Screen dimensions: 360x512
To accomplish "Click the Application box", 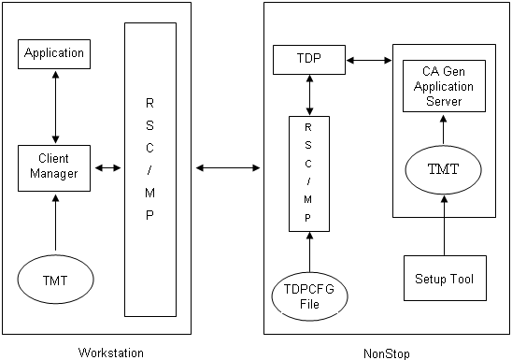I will point(55,53).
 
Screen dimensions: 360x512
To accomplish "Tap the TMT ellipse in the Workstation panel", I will point(55,279).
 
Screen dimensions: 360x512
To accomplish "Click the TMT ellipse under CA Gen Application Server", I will point(444,169).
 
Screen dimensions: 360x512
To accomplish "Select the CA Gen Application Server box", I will point(444,87).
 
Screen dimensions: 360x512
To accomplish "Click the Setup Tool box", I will point(445,278).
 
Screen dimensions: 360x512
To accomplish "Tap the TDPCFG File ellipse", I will point(308,294).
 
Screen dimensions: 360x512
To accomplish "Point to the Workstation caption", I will point(112,353).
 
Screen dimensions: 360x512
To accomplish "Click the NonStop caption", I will point(386,353).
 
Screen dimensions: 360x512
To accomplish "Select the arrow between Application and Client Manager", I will point(55,106).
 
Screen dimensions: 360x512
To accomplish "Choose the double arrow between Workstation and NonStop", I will point(227,168).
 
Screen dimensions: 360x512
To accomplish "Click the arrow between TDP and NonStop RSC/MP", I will point(308,94).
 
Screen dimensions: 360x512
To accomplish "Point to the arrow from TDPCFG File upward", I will point(308,250).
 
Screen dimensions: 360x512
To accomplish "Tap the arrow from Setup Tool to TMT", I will point(444,224).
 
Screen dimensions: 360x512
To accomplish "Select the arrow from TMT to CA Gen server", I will point(444,129).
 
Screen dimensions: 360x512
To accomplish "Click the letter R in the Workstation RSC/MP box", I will point(149,102).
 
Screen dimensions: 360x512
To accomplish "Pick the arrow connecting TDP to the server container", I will point(368,62).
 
